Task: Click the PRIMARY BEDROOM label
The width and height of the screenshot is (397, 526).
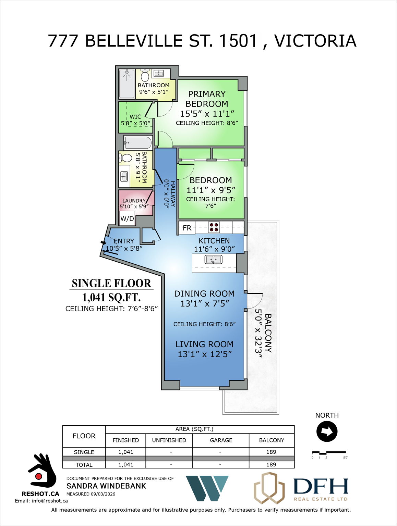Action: point(207,99)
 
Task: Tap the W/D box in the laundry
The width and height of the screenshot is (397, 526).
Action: point(127,218)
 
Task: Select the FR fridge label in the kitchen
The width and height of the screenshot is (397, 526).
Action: point(187,228)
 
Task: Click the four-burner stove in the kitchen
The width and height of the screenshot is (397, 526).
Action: point(214,227)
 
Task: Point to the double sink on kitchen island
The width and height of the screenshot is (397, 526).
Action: point(213,260)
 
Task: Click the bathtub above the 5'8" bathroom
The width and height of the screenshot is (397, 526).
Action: point(138,142)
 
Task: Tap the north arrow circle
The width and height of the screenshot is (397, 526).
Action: point(327,431)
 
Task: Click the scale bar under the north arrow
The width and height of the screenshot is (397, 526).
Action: point(328,453)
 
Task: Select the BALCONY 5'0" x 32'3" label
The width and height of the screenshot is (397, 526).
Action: point(263,333)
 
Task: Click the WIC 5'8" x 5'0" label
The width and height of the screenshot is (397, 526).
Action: point(135,120)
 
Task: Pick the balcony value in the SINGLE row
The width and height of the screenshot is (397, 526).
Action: point(271,452)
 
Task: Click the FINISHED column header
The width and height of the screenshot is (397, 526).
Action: point(126,440)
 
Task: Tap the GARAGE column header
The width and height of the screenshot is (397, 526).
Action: point(221,440)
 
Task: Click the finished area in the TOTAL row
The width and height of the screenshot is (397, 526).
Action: point(126,465)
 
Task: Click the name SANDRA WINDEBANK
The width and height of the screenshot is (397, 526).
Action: point(106,486)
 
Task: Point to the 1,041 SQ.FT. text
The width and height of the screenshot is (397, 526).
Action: point(111,297)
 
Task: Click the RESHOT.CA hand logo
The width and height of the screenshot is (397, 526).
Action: point(41,471)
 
